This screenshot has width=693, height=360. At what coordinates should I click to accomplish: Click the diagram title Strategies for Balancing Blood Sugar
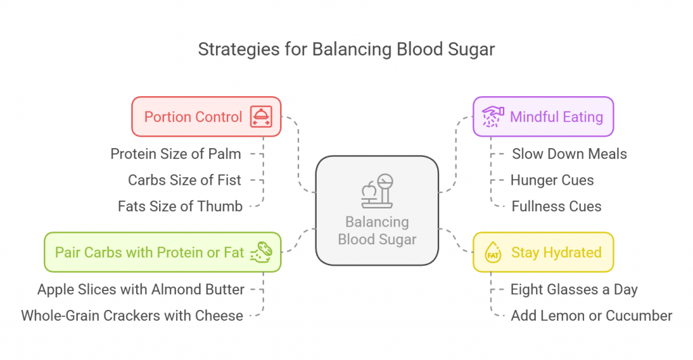(x=346, y=49)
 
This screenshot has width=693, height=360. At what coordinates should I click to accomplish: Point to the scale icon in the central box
(x=376, y=191)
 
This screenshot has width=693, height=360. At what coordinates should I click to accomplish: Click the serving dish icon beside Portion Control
(x=261, y=116)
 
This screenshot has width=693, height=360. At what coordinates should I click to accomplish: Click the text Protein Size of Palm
(x=176, y=154)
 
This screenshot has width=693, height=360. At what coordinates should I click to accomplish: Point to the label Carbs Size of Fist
(x=185, y=180)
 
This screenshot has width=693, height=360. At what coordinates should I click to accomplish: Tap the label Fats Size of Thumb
(x=180, y=206)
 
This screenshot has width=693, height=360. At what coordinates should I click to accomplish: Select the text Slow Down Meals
(x=569, y=154)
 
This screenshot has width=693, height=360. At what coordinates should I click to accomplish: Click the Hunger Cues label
(x=552, y=180)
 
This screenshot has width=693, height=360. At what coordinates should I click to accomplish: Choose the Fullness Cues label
(x=556, y=206)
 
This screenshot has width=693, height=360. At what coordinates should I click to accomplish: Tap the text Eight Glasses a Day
(x=574, y=289)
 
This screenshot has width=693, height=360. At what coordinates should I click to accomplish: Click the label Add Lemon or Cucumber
(x=591, y=315)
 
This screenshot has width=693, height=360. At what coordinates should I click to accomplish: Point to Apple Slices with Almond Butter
(x=141, y=289)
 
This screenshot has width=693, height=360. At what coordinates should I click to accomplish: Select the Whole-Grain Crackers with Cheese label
(x=132, y=315)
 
